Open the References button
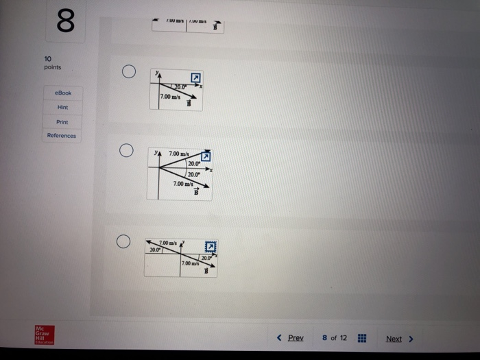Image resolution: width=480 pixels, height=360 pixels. (62, 136)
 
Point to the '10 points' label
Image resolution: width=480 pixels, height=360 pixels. (52, 63)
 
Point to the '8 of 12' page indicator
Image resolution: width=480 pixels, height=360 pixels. (335, 338)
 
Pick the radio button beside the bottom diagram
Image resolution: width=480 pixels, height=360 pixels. (123, 241)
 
